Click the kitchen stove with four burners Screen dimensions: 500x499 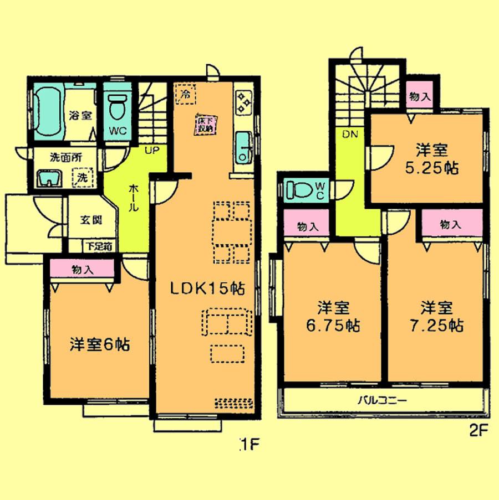(x=243, y=101)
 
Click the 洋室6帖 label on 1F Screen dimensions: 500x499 (x=100, y=344)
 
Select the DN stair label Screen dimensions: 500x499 (x=349, y=134)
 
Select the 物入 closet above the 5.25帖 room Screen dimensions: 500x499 (x=420, y=96)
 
